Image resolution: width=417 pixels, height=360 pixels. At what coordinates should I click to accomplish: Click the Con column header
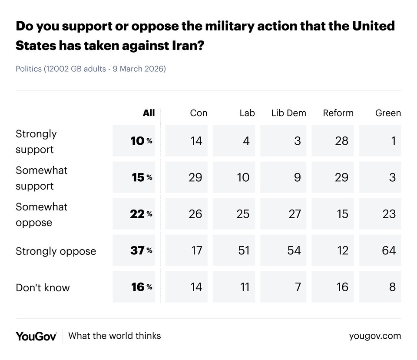click(x=199, y=113)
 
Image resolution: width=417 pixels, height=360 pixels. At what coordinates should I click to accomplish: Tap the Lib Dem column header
click(x=288, y=113)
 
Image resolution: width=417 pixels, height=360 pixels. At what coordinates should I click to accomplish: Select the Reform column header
click(x=338, y=113)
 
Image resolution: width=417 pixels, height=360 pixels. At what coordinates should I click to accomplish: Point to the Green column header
click(x=388, y=113)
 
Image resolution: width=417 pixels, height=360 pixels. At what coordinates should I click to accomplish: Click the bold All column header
click(x=149, y=113)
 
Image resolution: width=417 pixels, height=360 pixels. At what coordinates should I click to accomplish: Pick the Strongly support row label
click(x=36, y=141)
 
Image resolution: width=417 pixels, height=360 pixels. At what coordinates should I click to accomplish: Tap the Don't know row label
click(x=43, y=287)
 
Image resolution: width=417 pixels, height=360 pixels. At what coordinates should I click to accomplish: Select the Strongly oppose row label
click(x=56, y=251)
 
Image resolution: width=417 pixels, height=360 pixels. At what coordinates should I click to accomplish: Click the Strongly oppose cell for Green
click(x=380, y=250)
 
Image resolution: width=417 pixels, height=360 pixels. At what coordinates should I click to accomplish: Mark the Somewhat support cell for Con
click(x=187, y=177)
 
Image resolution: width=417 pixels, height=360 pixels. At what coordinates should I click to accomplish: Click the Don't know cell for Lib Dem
click(x=283, y=287)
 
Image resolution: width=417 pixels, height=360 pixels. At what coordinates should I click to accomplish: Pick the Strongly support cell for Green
click(x=380, y=141)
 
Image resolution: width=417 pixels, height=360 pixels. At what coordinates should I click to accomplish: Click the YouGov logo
click(x=36, y=336)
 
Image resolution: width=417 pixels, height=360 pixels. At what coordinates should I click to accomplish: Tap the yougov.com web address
click(x=375, y=336)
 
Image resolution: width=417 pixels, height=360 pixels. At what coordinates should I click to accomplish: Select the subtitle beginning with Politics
click(x=91, y=69)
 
